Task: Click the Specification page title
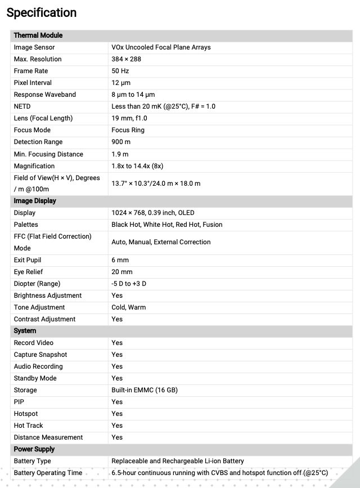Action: point(42,12)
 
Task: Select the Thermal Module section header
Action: point(38,35)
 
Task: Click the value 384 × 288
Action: point(126,59)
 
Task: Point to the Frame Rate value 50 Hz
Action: point(120,71)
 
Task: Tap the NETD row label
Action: point(22,106)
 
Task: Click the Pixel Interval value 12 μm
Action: point(121,83)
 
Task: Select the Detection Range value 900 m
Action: point(121,142)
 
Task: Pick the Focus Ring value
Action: point(128,130)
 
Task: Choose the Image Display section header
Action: point(35,201)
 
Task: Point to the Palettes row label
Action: point(26,225)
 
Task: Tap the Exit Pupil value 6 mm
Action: point(120,260)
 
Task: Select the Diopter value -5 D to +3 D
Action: point(129,284)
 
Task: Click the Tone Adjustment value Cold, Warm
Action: point(128,307)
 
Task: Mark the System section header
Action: point(25,331)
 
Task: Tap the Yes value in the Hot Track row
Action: point(117,426)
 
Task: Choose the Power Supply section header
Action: point(34,449)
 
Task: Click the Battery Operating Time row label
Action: point(48,473)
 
